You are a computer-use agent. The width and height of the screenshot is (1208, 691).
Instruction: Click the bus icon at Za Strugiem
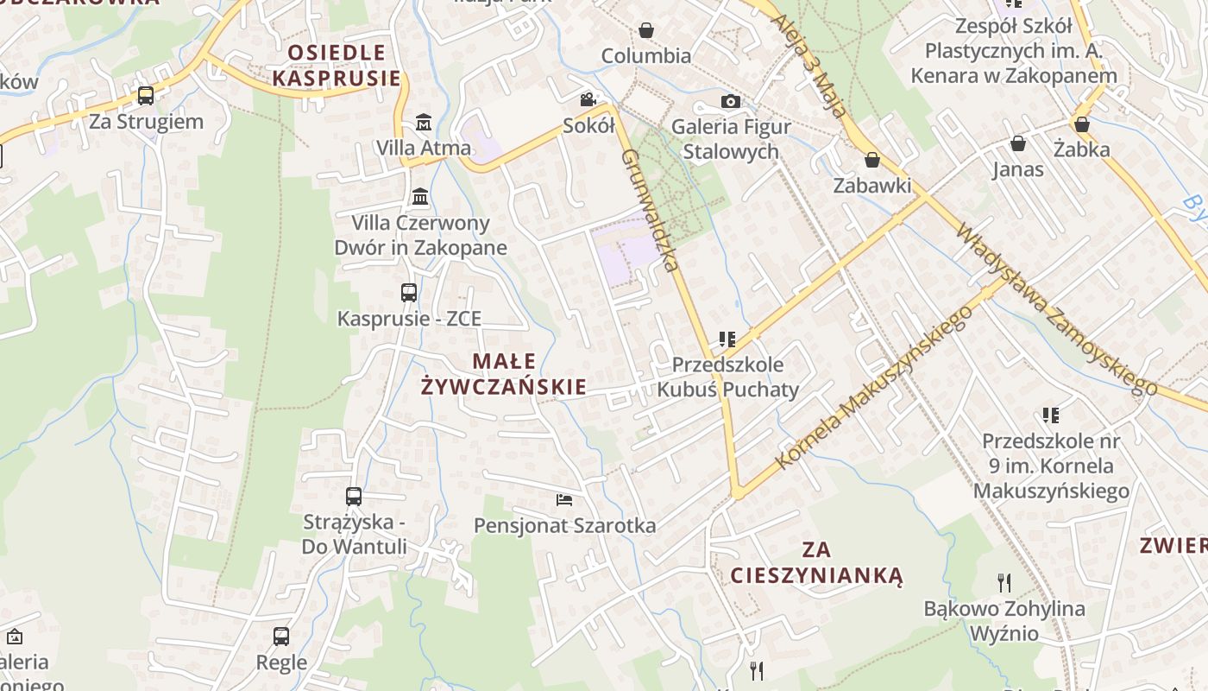[146, 96]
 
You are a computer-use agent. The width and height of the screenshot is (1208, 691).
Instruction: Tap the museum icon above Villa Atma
[424, 123]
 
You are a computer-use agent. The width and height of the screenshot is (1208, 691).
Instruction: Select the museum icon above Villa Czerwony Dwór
[420, 197]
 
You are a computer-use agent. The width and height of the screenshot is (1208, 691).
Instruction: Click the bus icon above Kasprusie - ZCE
[409, 293]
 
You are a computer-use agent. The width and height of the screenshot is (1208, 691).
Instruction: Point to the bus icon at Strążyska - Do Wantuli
[354, 497]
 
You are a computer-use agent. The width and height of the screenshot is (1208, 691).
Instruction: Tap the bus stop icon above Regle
[281, 637]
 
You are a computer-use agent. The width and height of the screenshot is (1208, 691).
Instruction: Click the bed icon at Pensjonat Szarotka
[564, 500]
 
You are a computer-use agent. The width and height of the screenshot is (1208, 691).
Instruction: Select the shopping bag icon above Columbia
[646, 31]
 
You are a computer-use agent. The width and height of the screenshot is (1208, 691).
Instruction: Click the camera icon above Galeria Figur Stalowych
[731, 102]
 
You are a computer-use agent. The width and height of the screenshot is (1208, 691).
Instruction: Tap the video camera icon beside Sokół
[588, 100]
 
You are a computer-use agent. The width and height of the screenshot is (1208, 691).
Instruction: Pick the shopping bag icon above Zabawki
[872, 160]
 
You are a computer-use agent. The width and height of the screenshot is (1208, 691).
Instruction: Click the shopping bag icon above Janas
[1018, 143]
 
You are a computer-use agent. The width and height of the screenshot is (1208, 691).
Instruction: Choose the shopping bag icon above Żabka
[1082, 124]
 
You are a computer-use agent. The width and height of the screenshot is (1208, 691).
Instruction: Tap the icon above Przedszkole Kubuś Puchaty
[727, 339]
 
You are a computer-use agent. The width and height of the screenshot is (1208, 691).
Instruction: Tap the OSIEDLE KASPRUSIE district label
[337, 65]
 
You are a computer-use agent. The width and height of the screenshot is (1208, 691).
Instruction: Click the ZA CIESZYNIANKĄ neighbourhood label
[816, 562]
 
